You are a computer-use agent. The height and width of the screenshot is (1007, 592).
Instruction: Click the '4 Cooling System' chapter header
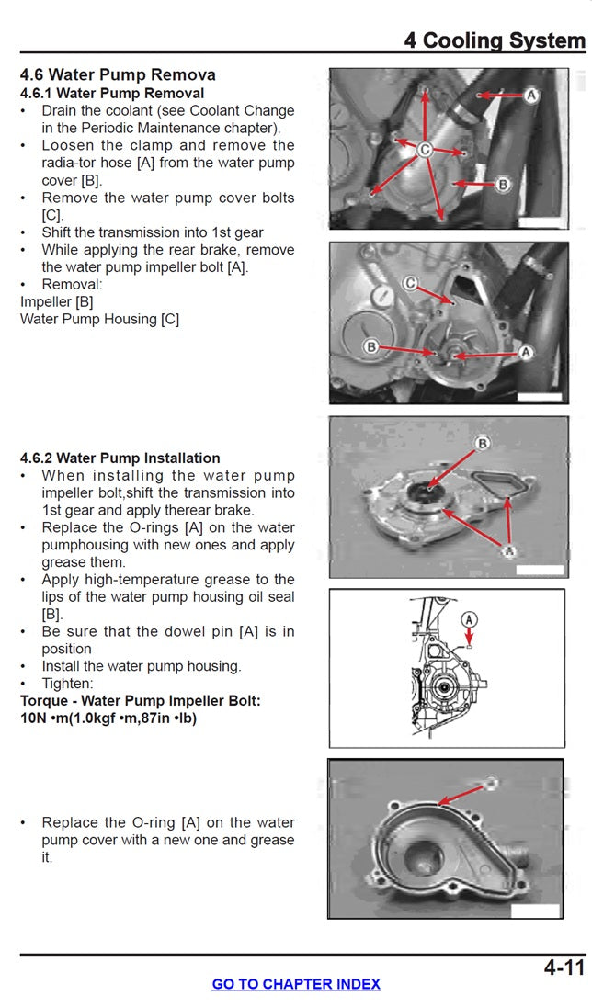494,40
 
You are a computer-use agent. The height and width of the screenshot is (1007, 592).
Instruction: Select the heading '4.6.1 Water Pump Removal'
112,93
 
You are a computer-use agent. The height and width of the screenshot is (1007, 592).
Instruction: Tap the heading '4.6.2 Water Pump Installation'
120,458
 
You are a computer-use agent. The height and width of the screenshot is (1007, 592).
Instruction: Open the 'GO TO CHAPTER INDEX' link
296,983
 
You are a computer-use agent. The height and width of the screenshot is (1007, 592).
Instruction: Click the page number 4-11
564,967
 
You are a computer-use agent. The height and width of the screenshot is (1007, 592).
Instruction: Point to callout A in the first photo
531,94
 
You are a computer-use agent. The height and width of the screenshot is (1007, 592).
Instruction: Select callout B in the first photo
503,185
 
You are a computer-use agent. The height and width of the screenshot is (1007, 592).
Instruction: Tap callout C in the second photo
412,284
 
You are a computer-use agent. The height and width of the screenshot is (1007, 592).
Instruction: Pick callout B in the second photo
371,347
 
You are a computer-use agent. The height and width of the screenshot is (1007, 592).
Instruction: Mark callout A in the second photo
527,352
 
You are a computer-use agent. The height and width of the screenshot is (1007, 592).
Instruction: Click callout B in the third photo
483,444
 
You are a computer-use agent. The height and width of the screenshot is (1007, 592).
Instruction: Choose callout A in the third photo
505,549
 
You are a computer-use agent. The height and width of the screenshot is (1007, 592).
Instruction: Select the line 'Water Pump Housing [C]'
99,319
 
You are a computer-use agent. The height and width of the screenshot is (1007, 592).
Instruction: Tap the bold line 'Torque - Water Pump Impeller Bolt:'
141,700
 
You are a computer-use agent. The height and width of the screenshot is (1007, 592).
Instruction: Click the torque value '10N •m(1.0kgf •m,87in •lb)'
108,718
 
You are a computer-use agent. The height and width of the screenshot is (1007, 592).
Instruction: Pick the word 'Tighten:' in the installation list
67,684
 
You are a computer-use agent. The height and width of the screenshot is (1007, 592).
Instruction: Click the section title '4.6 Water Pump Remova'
118,74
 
